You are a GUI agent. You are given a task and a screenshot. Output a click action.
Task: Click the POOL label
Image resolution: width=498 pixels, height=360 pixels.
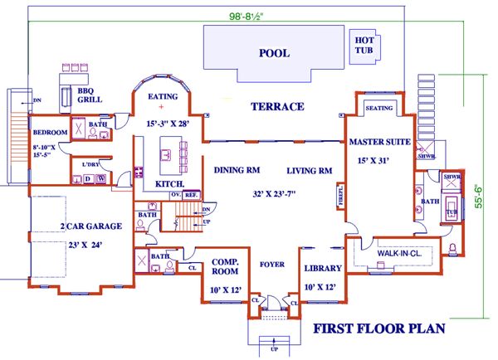tap(274, 53)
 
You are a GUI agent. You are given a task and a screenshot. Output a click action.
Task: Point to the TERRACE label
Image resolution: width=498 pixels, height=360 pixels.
tap(277, 107)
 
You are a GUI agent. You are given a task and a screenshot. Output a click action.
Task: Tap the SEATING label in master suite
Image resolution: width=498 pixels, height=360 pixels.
tap(378, 108)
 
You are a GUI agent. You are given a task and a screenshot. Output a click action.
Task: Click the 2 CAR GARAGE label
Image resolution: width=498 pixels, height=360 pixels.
tap(91, 226)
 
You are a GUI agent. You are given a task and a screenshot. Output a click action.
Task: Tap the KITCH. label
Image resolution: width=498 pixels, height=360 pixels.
tap(170, 183)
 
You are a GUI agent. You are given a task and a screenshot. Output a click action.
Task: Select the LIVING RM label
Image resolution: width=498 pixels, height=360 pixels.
tap(310, 170)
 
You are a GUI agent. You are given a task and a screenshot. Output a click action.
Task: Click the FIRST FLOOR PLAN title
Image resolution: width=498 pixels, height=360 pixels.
tap(378, 329)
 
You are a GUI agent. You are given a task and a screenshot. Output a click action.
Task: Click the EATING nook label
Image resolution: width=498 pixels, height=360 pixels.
tap(163, 96)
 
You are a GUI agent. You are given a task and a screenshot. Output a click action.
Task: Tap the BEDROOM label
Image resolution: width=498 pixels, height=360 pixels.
tap(49, 133)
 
